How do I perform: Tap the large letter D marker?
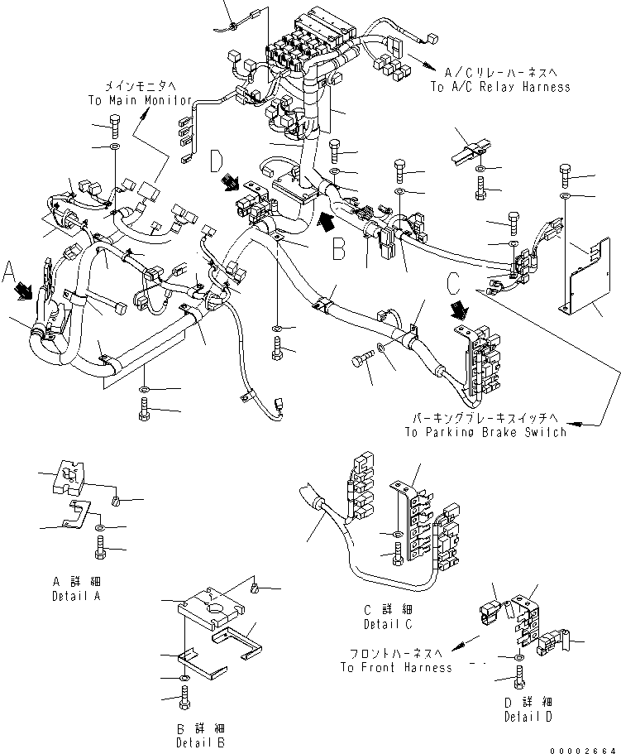(x=216, y=161)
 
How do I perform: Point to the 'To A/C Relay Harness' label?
(x=499, y=87)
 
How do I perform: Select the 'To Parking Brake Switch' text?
(x=485, y=432)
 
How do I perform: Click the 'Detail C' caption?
(x=388, y=623)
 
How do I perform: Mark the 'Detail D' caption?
(x=528, y=716)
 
